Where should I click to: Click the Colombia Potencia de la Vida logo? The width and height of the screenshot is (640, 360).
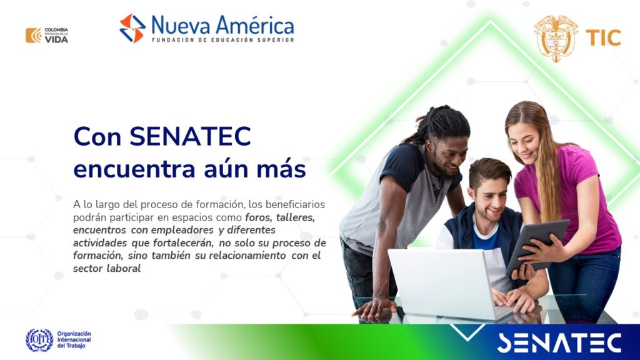tap(46, 36)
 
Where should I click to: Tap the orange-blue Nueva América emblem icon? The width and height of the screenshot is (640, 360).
tap(132, 28)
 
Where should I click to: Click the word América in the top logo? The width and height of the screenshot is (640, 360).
tap(255, 26)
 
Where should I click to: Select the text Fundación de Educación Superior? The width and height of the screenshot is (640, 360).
tap(223, 40)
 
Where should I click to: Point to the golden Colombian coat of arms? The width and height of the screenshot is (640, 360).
tap(556, 38)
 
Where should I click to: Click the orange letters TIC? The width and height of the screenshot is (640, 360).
tap(603, 38)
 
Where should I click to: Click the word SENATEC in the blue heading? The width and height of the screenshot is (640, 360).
tap(190, 136)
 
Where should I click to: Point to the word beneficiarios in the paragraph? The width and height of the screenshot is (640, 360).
tap(295, 204)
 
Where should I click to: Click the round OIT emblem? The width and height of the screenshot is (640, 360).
tap(39, 340)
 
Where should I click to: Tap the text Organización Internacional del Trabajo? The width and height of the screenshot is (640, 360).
tap(74, 340)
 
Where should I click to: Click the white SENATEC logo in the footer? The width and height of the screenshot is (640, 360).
tap(559, 343)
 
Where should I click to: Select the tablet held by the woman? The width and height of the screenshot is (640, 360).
tap(537, 246)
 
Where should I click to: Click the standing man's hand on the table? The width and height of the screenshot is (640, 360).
tap(374, 308)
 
